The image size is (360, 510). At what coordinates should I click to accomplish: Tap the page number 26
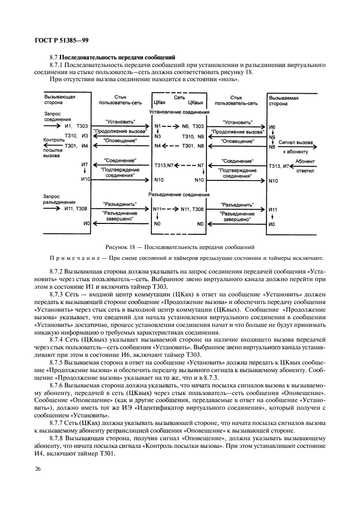coord(39,469)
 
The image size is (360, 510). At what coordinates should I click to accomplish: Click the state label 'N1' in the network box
coord(157,126)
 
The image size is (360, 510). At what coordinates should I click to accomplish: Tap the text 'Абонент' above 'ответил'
coord(304,161)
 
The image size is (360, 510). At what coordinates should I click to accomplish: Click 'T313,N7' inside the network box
coord(164,165)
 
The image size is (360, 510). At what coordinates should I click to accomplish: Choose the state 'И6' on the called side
coord(272,126)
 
